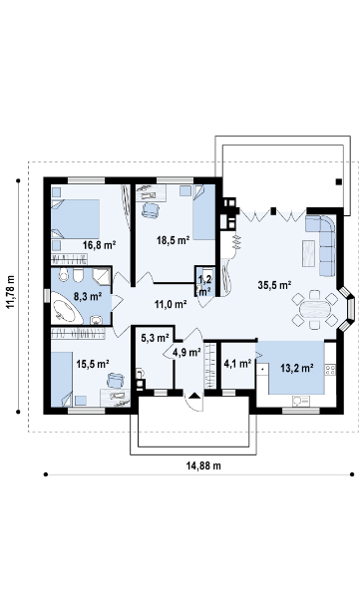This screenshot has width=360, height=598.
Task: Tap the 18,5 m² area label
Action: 173,240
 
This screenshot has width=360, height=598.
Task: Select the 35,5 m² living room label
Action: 275,285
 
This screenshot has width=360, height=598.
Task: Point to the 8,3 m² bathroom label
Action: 88,296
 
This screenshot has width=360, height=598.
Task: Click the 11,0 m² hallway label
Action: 171,304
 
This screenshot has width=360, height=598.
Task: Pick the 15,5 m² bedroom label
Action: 93,364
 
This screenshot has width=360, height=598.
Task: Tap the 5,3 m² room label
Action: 155,338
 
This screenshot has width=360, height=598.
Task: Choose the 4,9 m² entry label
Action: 186,353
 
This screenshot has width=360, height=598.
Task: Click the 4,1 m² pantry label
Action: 237,364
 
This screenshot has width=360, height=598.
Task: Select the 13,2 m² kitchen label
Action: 297,368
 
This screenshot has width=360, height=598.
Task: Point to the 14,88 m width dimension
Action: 203,465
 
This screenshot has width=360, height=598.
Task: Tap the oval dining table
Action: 315,309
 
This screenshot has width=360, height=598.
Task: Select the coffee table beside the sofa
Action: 308,253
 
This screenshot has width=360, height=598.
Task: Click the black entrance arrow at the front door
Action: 193,396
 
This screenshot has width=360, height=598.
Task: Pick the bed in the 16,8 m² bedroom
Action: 76,219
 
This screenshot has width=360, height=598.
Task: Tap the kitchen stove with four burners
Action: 330,369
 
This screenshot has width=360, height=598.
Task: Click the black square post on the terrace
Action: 339,182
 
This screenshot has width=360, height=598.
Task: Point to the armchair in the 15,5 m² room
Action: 116,380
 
